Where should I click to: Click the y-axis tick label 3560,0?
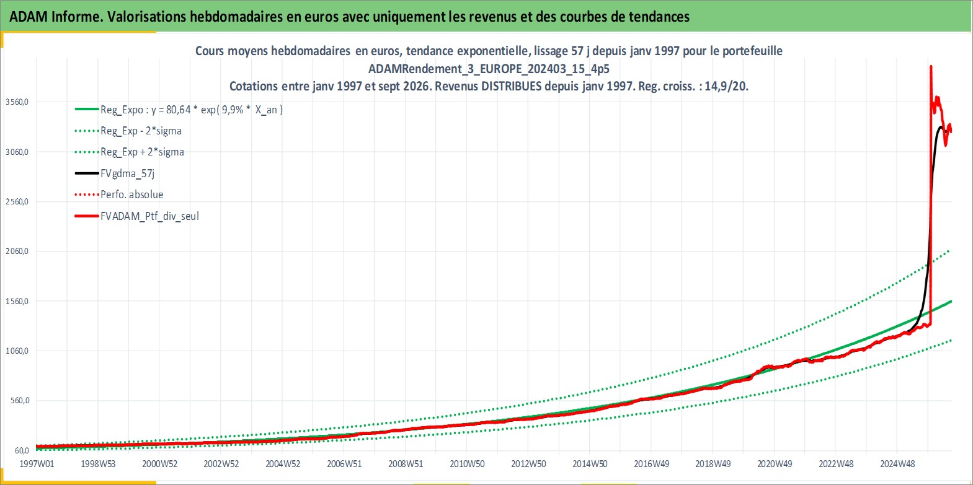click(x=17, y=102)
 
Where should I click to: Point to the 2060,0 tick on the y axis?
click(x=17, y=251)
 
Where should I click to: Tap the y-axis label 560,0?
click(x=20, y=400)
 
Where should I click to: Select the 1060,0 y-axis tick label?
click(x=17, y=351)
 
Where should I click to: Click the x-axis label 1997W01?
click(x=37, y=464)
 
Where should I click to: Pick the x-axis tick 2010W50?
click(x=467, y=464)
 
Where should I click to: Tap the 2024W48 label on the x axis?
click(x=897, y=464)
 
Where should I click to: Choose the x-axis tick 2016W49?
click(x=652, y=464)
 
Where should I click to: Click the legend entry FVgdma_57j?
click(x=127, y=173)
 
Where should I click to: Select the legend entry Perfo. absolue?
click(x=132, y=194)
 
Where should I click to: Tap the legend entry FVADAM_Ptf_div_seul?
click(x=150, y=216)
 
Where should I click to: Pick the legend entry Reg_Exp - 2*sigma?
click(x=141, y=131)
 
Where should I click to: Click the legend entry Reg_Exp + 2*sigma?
click(x=143, y=152)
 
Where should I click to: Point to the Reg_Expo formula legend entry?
click(x=192, y=110)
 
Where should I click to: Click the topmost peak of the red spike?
click(x=931, y=66)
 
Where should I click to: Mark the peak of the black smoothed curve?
click(x=941, y=126)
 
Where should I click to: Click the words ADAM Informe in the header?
click(x=55, y=17)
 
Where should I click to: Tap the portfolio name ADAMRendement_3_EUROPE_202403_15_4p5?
click(x=489, y=69)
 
